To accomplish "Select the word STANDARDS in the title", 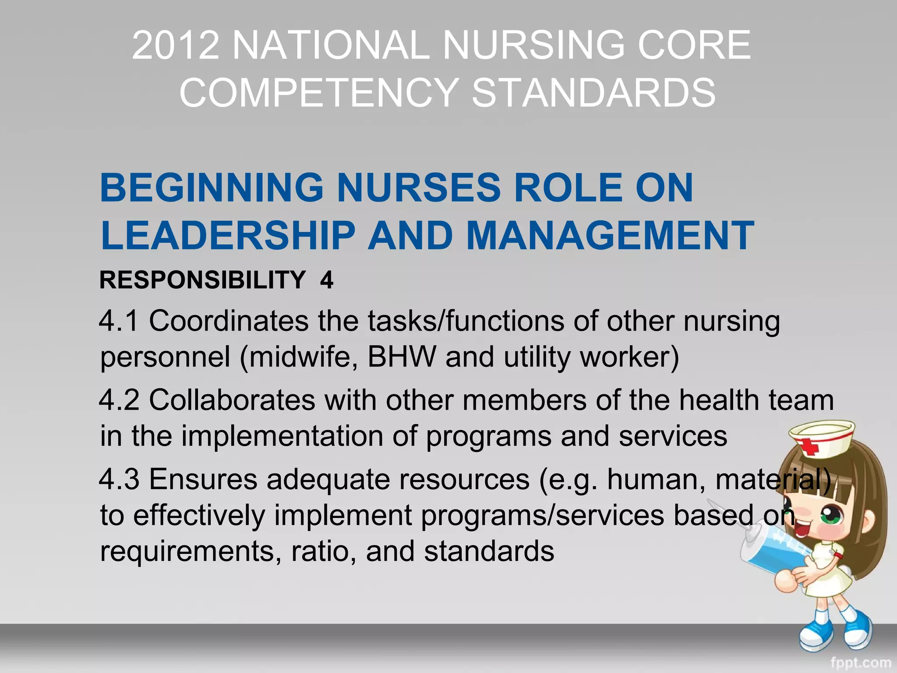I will click(593, 92).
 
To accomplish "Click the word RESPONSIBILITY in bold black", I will click(202, 280).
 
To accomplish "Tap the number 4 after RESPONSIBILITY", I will click(327, 280).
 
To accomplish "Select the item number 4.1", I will click(119, 321).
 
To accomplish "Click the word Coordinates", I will click(229, 321).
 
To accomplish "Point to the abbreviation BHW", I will click(402, 357).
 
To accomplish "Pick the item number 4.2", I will click(119, 400).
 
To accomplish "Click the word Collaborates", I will click(232, 400).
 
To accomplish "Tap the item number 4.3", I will click(119, 479).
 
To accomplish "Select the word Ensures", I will click(203, 479).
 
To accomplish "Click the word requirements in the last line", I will click(191, 551).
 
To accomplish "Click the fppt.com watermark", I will click(860, 663).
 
